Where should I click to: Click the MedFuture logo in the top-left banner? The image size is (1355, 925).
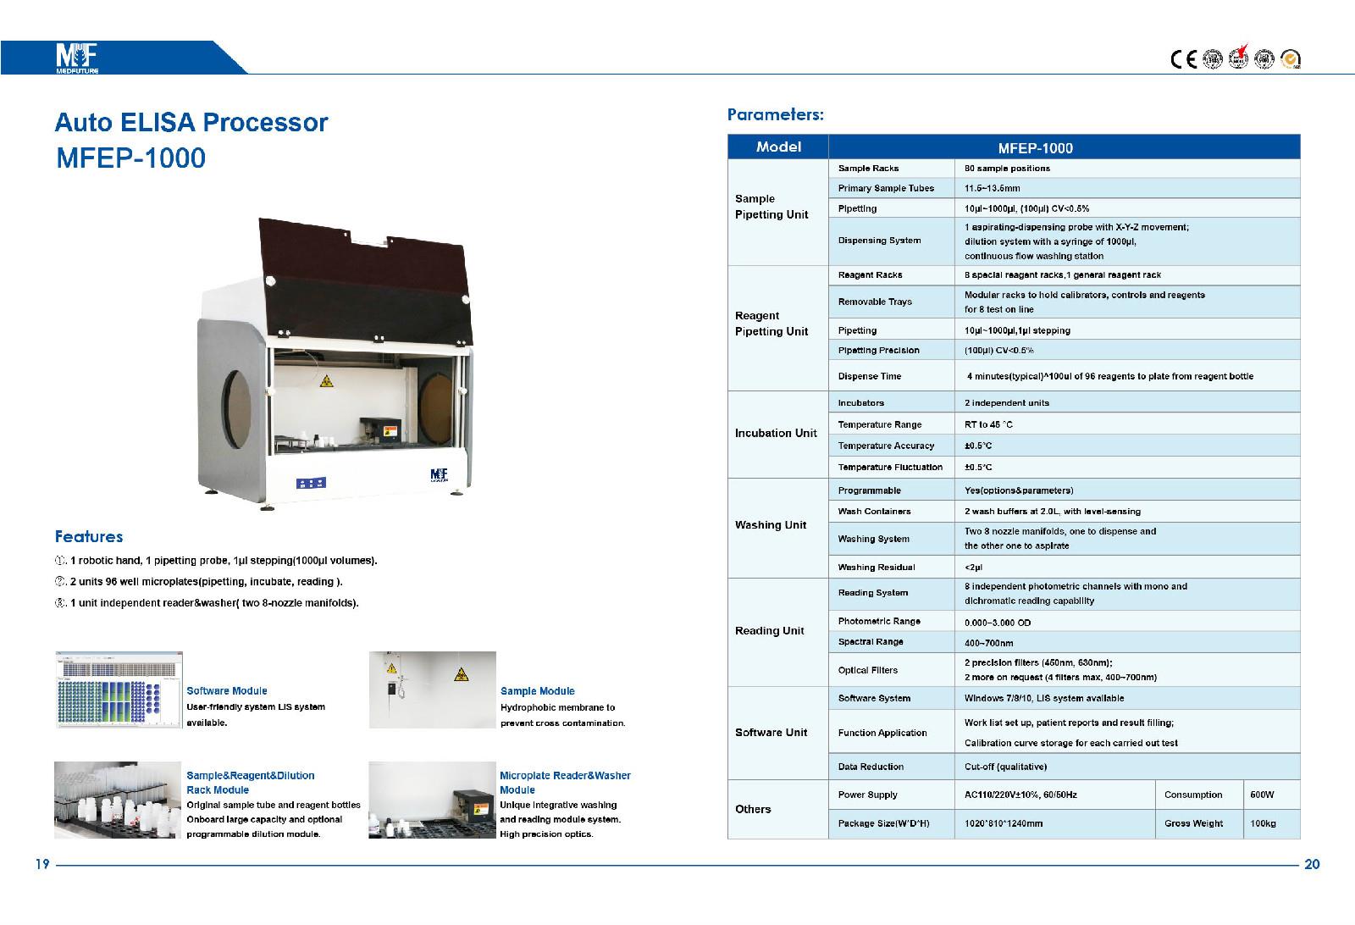(x=77, y=58)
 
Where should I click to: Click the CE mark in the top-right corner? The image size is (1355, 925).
(x=1183, y=58)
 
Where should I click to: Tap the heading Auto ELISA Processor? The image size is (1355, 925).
(x=191, y=123)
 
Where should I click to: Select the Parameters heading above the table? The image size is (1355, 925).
(x=775, y=114)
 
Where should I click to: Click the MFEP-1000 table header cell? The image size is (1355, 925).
(x=1035, y=148)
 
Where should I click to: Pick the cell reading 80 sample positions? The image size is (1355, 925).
(x=1007, y=169)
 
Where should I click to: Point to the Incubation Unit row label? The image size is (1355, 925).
(x=776, y=434)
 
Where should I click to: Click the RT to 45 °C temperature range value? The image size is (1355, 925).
(x=988, y=424)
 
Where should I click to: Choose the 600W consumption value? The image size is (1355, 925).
(x=1261, y=795)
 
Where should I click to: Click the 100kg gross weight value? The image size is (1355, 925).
(x=1262, y=823)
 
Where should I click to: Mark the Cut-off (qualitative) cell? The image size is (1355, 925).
(x=1005, y=767)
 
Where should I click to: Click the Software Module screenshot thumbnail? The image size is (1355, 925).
(x=119, y=690)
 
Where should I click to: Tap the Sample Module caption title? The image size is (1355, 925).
(x=537, y=691)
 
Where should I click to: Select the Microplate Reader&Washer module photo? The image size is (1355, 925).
(x=432, y=800)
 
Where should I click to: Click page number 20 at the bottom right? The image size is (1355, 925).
(x=1312, y=865)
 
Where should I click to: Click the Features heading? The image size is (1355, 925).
(x=89, y=536)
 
